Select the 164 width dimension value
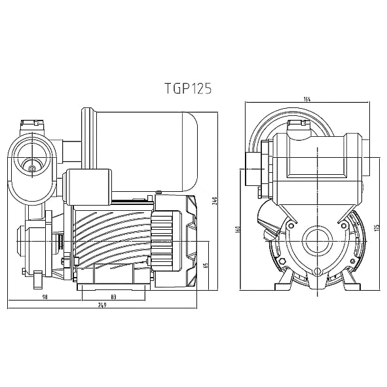tap(308, 100)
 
